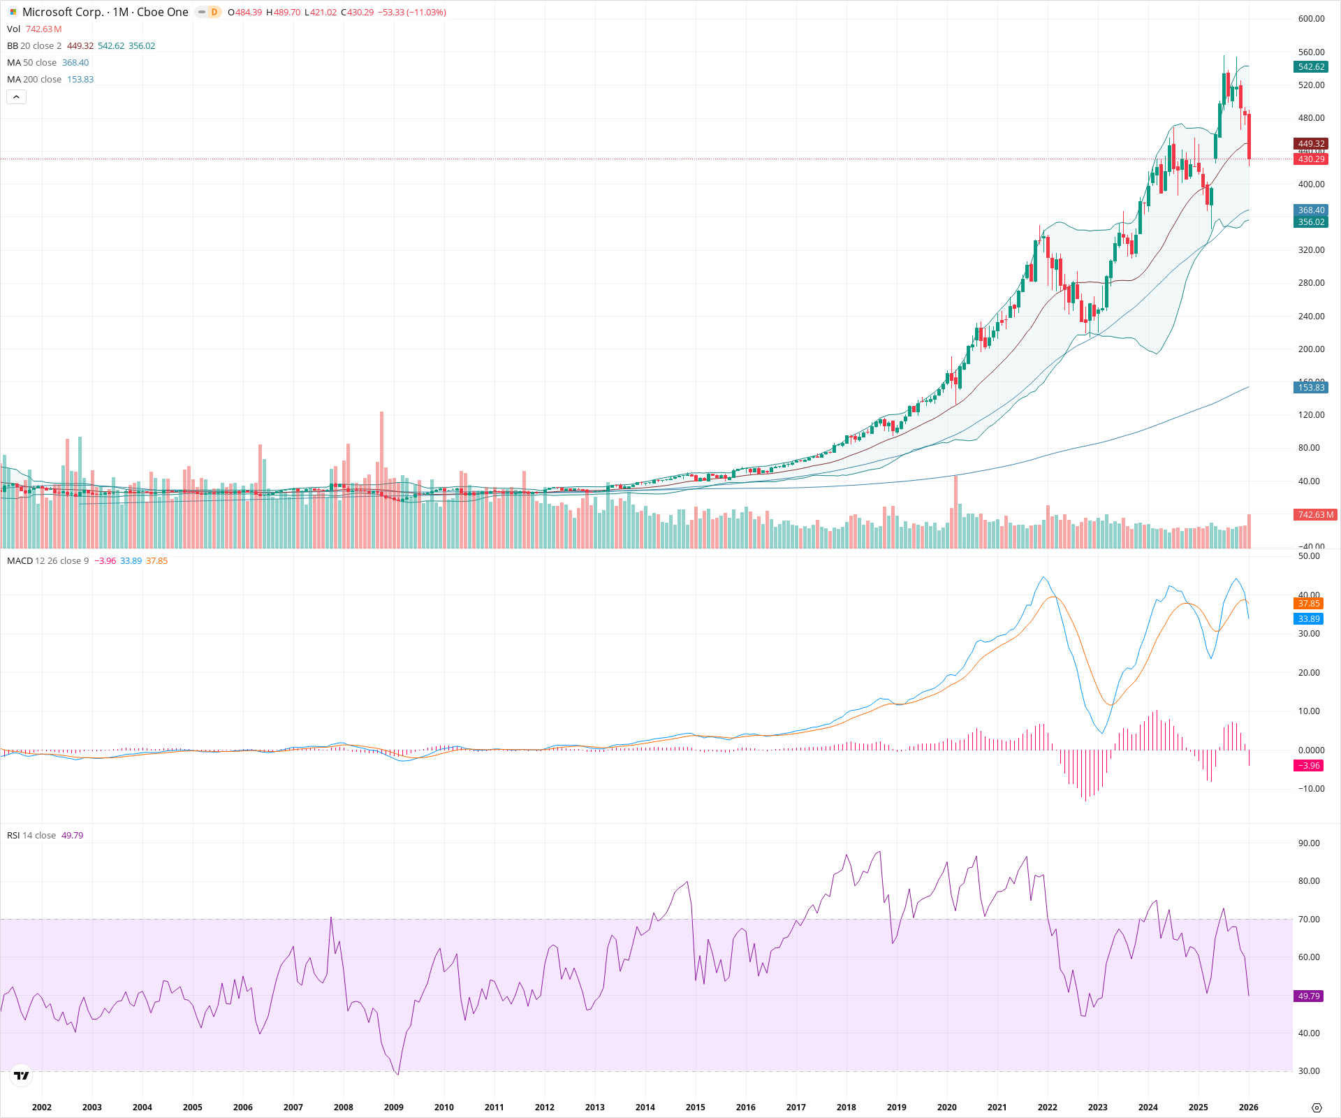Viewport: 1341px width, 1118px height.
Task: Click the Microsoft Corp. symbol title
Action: (x=105, y=12)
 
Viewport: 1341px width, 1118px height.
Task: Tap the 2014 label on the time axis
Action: (x=645, y=1107)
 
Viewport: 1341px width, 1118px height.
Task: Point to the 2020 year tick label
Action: (x=946, y=1107)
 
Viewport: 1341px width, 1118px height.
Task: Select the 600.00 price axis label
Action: (x=1311, y=19)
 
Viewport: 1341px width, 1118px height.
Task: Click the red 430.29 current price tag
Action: (x=1310, y=159)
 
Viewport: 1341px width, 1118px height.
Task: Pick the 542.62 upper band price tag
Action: (x=1310, y=67)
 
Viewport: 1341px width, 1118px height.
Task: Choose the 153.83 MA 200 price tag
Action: (x=1310, y=388)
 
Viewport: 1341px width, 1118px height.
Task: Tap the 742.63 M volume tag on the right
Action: (x=1315, y=515)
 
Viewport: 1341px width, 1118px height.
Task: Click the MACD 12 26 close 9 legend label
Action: (x=47, y=561)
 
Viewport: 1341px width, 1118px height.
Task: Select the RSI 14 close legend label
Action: (x=31, y=836)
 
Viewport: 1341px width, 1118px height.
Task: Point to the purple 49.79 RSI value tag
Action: (x=1309, y=996)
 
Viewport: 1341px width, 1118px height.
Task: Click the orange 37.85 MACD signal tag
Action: (x=1309, y=604)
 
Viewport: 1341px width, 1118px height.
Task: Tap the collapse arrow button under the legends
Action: (x=16, y=97)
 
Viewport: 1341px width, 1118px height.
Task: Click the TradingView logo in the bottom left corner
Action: (x=22, y=1075)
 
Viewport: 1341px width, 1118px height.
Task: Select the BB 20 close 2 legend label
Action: (x=34, y=46)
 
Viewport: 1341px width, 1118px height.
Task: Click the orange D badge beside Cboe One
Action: (x=214, y=12)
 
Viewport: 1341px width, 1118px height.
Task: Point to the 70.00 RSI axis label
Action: (x=1308, y=920)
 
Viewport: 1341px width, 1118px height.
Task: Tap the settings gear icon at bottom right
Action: (x=1317, y=1108)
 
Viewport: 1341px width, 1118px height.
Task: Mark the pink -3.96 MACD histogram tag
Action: (x=1309, y=766)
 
